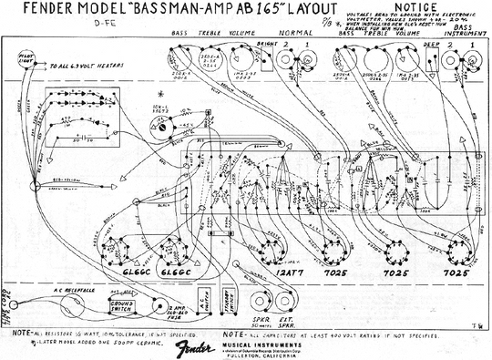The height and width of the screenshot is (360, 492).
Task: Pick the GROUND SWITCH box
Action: tap(119, 305)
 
